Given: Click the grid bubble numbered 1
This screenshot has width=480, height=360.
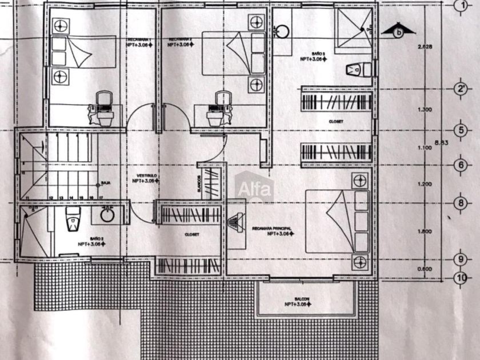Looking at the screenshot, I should point(461,6).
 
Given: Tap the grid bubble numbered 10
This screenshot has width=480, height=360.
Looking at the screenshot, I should point(461,278).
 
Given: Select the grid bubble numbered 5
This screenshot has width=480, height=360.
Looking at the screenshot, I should point(461,129).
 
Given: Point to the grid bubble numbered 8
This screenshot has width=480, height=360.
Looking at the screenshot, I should point(461,203).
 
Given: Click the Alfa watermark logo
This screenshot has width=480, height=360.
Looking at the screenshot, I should point(255,189).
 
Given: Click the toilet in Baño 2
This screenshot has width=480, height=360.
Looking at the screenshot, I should point(73,219).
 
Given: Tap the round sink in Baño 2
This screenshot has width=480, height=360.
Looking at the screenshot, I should point(107,215).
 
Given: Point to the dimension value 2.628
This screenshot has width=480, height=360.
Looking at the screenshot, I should point(425,46).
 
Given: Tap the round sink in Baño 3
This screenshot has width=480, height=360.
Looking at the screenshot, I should point(282,30).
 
